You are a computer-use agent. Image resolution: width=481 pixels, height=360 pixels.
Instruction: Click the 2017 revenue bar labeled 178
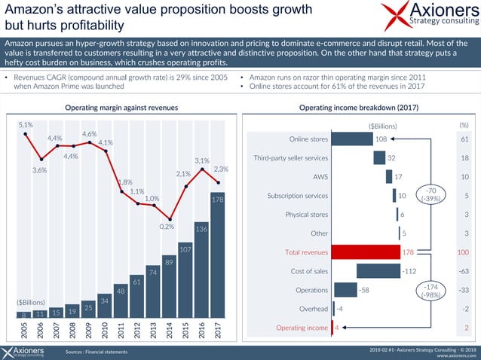point(218,256)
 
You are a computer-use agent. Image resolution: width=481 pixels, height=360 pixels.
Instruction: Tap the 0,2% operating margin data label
point(167,225)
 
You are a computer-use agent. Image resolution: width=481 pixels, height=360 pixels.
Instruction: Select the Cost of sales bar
point(378,270)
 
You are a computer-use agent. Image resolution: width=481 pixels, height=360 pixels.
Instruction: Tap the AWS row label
point(319,177)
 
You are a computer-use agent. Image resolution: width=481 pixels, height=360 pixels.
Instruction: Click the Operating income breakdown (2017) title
point(354,108)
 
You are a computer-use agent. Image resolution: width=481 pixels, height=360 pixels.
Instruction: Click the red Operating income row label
point(302,328)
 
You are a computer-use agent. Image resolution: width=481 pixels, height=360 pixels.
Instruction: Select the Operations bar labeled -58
point(345,290)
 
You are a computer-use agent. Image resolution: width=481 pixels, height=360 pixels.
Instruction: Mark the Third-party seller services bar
point(379,158)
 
